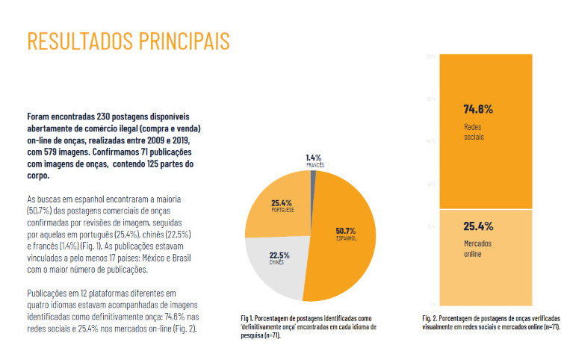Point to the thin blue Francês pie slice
pyautogui.click(x=314, y=179)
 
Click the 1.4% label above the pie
pyautogui.click(x=314, y=157)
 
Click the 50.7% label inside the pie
pyautogui.click(x=347, y=230)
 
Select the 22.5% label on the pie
pyautogui.click(x=279, y=255)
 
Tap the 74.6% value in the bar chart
pyautogui.click(x=478, y=108)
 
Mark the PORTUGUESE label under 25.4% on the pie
pyautogui.click(x=281, y=211)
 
